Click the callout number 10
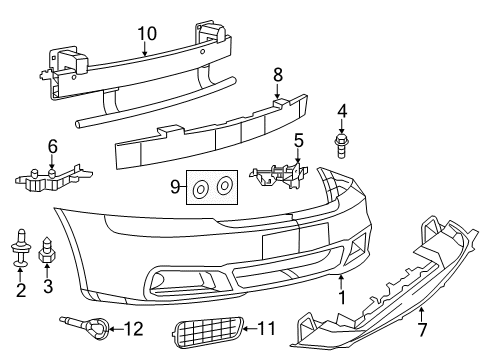pos(147,33)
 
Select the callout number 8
pos(278,73)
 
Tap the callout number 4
pos(341,110)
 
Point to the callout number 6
pos(53,146)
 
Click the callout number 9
pos(175,185)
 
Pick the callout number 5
pos(298,141)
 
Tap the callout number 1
pos(342,297)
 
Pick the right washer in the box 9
pos(224,185)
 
